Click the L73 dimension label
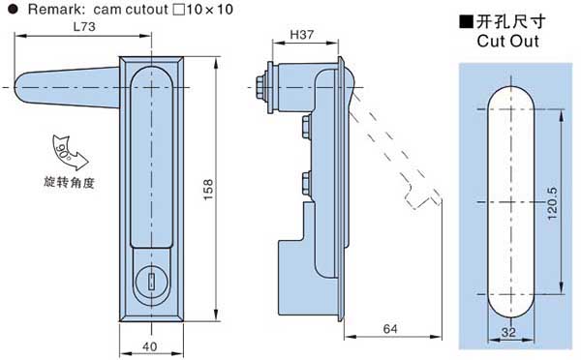click(84, 26)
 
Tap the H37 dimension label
click(301, 35)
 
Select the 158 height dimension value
click(208, 190)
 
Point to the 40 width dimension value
click(150, 346)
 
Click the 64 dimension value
click(390, 328)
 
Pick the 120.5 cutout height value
click(552, 203)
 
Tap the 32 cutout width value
click(508, 332)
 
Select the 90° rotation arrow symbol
click(70, 152)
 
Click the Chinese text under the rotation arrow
click(70, 182)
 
